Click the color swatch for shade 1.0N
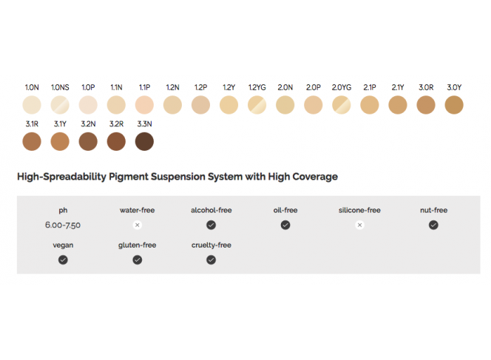click(x=33, y=105)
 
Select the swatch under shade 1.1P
click(x=144, y=105)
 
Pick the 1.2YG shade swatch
click(x=257, y=105)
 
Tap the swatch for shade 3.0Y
click(x=454, y=105)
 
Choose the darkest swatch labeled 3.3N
click(x=144, y=141)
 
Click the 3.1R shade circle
click(x=33, y=141)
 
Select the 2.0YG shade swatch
click(x=341, y=105)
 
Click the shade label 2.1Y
click(x=398, y=87)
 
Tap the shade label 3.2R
click(x=116, y=123)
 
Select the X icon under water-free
click(x=137, y=225)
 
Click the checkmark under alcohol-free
click(x=211, y=225)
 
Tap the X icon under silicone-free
click(x=359, y=225)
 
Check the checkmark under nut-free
click(x=433, y=225)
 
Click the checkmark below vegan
click(x=63, y=259)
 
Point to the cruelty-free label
click(x=211, y=245)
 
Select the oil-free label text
click(x=285, y=210)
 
